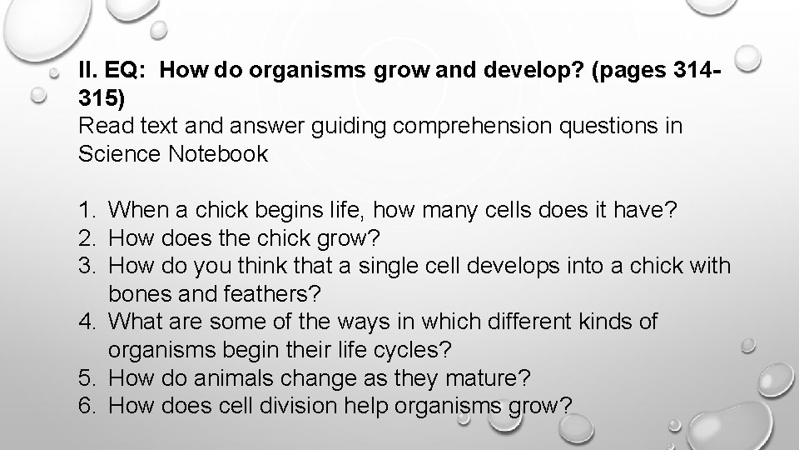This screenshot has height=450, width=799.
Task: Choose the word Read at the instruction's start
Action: click(98, 127)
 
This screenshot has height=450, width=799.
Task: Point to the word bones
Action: click(139, 294)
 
